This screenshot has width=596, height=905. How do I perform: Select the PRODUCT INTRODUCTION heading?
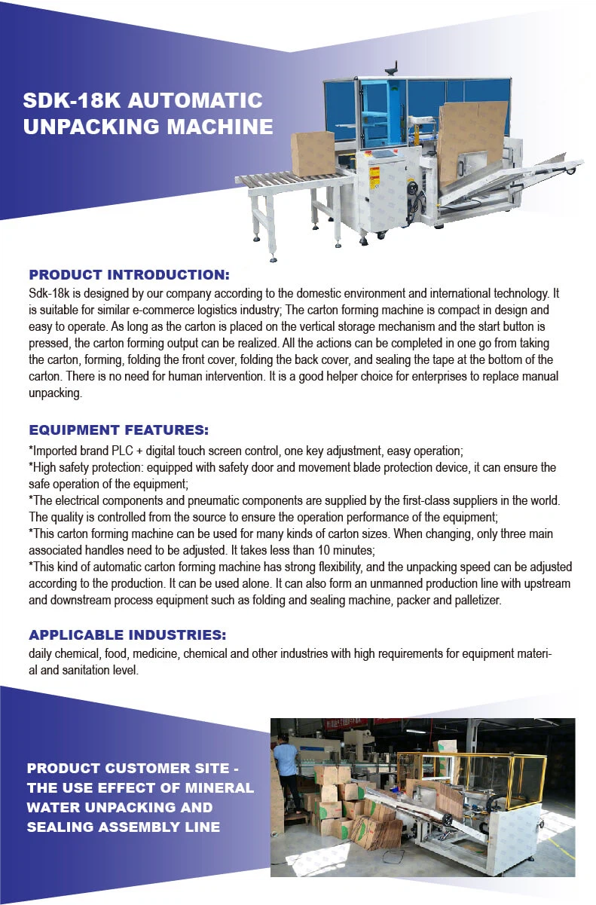(x=129, y=275)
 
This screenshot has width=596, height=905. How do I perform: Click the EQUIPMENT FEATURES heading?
(x=118, y=430)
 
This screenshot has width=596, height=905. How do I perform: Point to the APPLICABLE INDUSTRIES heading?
(x=127, y=634)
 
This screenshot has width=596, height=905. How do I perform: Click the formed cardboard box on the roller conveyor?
(x=313, y=153)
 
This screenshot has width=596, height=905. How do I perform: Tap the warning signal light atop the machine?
(x=391, y=70)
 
